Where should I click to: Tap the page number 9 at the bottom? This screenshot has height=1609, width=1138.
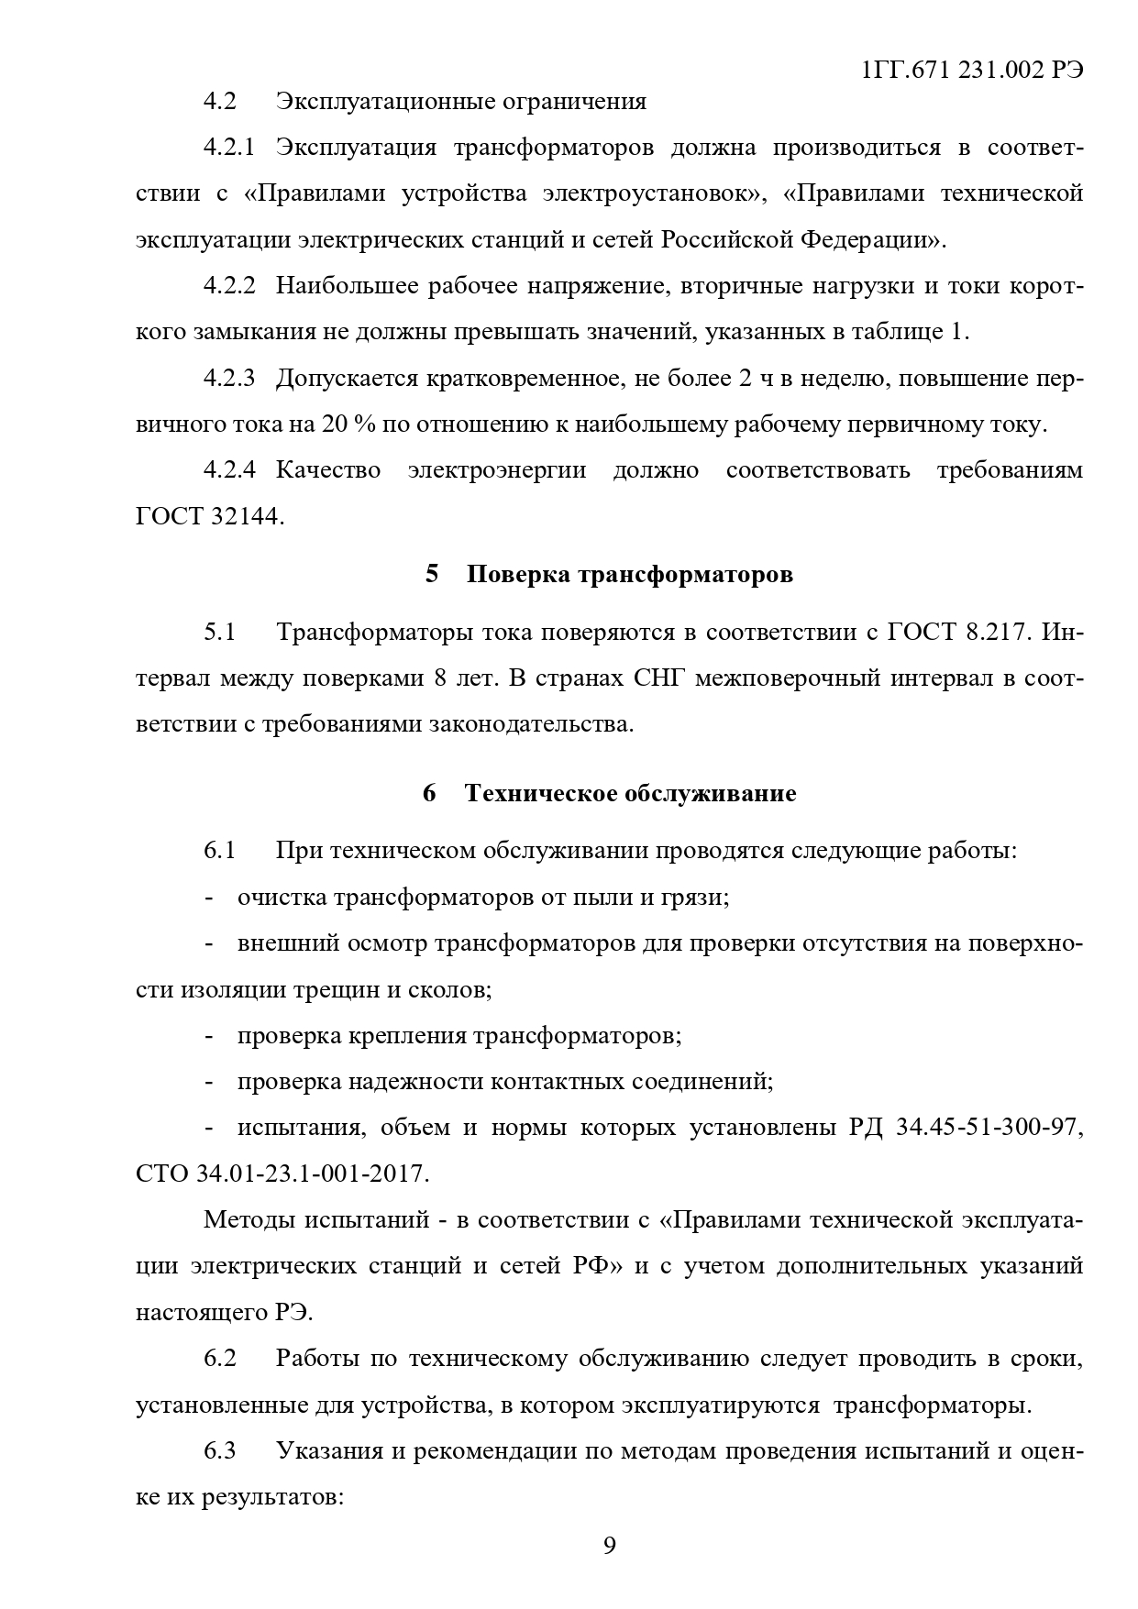click(610, 1546)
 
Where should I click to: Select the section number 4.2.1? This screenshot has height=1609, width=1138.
click(228, 148)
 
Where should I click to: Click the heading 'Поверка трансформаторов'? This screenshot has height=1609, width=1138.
click(629, 575)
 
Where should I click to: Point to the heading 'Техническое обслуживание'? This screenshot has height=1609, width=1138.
click(630, 793)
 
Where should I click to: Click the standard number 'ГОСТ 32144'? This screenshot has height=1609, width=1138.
click(209, 517)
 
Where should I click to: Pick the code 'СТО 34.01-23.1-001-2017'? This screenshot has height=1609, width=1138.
click(282, 1174)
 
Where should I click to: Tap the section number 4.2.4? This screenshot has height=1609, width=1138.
click(228, 470)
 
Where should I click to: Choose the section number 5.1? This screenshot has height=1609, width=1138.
click(220, 633)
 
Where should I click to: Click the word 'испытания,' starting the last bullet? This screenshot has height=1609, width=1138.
click(297, 1128)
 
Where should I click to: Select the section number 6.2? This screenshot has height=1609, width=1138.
click(220, 1359)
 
